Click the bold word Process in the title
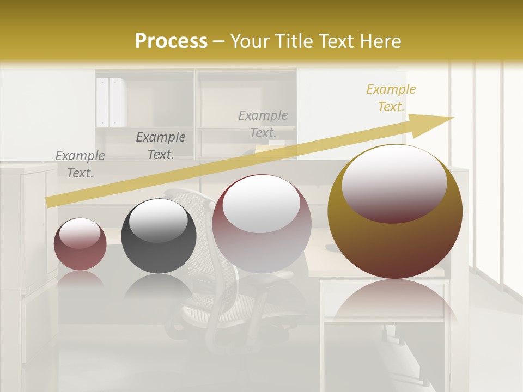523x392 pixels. (x=171, y=41)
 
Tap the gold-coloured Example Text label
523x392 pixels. (x=391, y=98)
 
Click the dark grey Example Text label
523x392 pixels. (x=161, y=146)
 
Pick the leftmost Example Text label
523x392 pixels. (x=80, y=164)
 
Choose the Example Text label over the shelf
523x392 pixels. (x=263, y=124)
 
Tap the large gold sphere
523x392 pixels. (x=395, y=245)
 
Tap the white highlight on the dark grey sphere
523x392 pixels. (x=158, y=219)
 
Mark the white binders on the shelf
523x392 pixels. (x=111, y=102)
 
